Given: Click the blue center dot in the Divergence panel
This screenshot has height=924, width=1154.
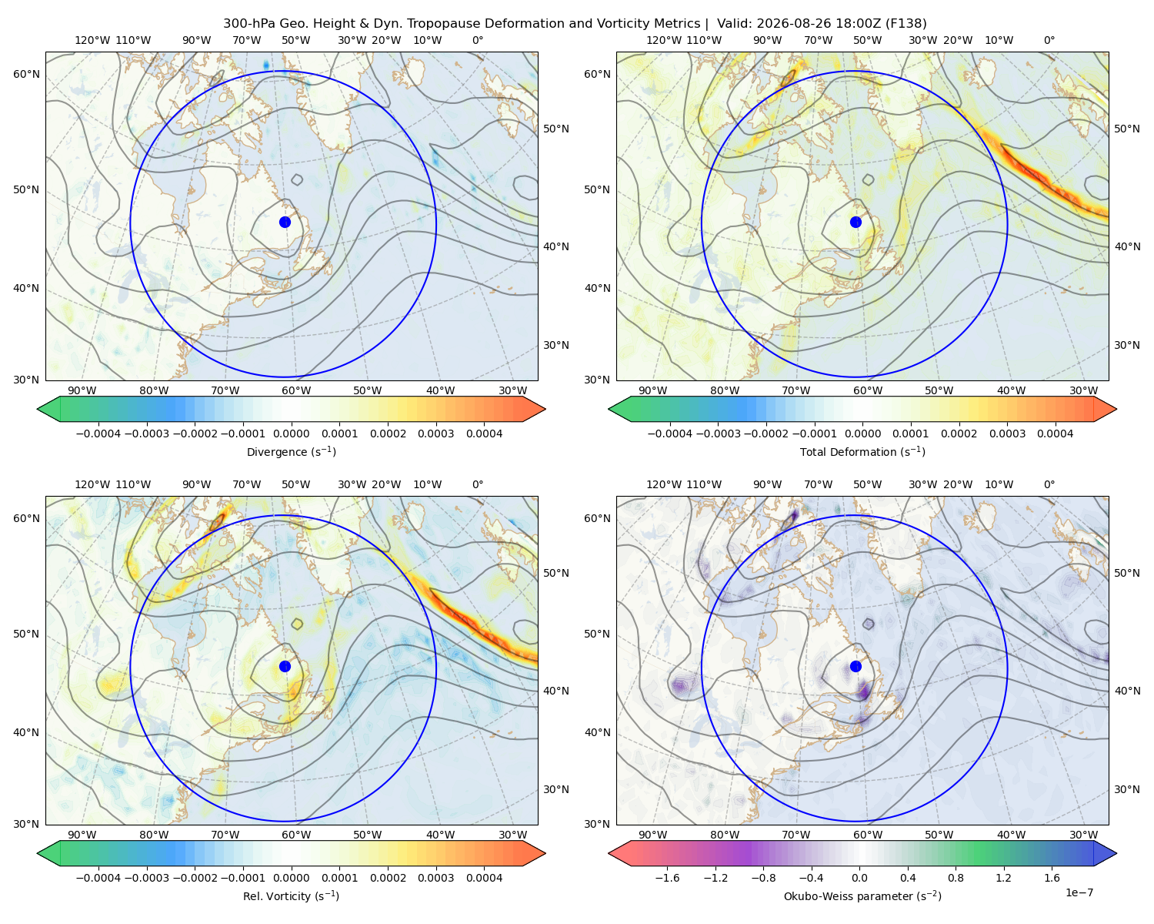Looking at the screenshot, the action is (285, 223).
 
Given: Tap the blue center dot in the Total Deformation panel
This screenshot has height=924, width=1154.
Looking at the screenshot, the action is (855, 223).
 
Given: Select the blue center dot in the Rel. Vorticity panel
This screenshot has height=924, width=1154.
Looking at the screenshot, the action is (285, 666).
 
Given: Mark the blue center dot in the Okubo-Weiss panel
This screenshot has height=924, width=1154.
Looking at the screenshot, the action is (855, 666).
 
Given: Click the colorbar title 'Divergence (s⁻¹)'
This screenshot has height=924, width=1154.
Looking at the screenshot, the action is (291, 451).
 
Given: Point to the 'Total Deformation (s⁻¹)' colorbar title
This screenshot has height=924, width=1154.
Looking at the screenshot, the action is (862, 451).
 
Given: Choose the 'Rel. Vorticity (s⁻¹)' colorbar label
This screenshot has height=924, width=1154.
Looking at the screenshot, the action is (291, 896).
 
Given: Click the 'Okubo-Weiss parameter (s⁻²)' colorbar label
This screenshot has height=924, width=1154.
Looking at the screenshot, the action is (862, 896).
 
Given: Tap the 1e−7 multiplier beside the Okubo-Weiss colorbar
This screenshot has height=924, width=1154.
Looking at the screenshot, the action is (1079, 892).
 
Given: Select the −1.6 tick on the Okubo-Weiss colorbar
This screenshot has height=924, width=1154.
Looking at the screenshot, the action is (667, 878).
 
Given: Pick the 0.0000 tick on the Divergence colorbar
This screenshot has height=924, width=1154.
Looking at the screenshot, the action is (291, 434).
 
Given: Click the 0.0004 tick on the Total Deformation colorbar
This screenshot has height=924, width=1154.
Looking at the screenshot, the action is (1055, 434).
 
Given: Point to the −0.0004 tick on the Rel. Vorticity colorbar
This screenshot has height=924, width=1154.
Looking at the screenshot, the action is (98, 878).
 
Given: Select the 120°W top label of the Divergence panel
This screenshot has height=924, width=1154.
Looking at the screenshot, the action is (92, 40).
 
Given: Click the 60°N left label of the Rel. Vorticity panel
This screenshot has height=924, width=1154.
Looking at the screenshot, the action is (26, 519).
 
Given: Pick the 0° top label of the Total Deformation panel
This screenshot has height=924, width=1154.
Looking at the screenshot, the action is (1049, 40).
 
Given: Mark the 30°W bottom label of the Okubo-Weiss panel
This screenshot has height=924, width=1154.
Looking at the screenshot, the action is (1084, 835).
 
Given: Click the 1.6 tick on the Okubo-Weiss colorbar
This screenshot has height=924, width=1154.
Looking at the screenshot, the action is (1052, 878).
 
